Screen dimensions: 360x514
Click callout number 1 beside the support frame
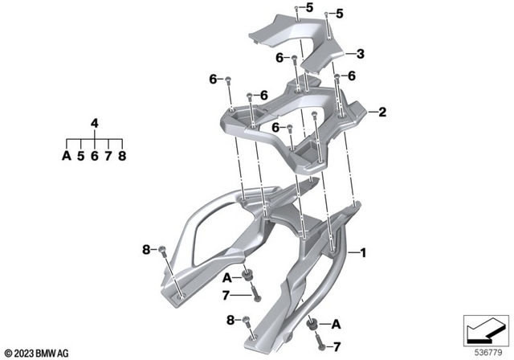(x=363, y=253)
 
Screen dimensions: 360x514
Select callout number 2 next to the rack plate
(x=383, y=112)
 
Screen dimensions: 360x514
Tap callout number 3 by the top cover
(x=361, y=54)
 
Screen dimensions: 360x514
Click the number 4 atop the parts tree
(x=95, y=124)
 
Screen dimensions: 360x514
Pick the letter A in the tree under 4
(x=66, y=157)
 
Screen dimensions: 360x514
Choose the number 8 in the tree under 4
(x=123, y=157)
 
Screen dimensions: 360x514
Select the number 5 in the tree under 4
(x=80, y=157)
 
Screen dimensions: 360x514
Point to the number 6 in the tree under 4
(x=95, y=157)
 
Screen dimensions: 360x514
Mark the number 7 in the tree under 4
(x=108, y=157)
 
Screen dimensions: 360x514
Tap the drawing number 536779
(x=481, y=351)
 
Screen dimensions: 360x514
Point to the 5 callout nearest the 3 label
(x=340, y=14)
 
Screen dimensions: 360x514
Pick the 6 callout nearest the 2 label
(x=350, y=77)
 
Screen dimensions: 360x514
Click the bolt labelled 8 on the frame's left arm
(x=162, y=252)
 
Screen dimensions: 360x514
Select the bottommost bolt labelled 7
(x=321, y=347)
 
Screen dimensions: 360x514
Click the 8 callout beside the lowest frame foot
(x=231, y=321)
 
